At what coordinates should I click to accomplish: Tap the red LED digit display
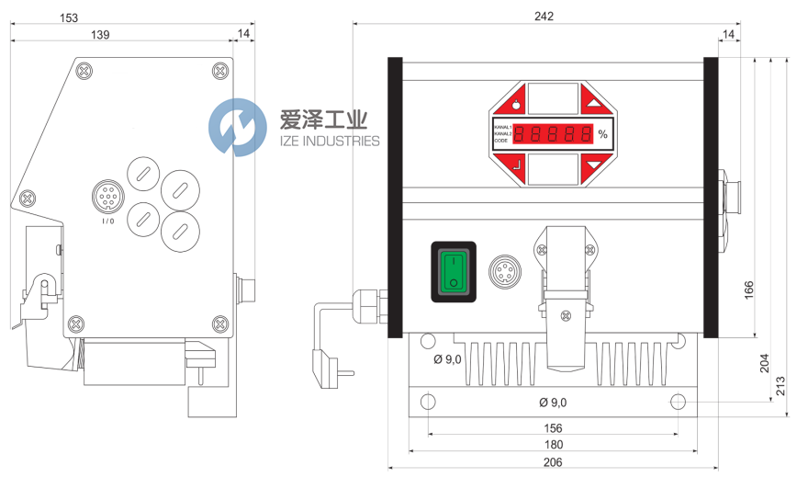pos(552,134)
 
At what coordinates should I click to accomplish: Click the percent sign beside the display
pos(602,134)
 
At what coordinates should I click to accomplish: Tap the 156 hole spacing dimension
pos(553,428)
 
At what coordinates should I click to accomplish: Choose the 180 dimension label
pos(553,445)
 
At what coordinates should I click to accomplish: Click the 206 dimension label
pos(553,461)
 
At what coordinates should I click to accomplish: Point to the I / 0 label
pos(108,221)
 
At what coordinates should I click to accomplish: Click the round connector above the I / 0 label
pos(107,198)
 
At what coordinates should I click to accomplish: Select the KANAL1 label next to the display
pos(502,126)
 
